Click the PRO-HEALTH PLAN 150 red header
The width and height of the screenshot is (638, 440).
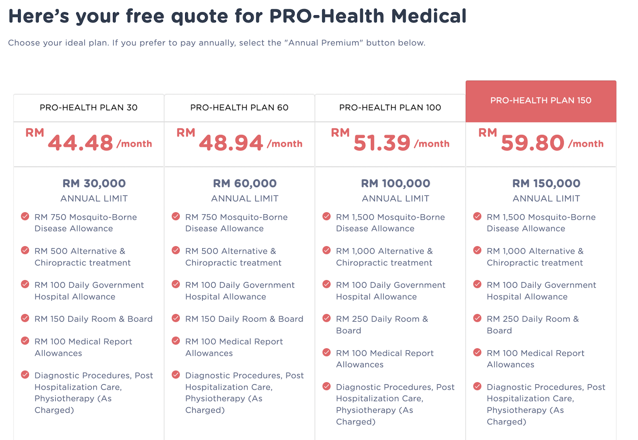coord(541,101)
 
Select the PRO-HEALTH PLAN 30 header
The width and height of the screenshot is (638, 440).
coord(89,108)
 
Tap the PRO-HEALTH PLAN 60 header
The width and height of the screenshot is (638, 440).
coord(239,108)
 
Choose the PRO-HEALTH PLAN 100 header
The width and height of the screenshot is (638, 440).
coord(390,108)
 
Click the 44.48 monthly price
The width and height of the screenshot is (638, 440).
coord(81,143)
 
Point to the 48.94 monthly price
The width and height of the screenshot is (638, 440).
coord(231,143)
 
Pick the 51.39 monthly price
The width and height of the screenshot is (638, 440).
coord(382,143)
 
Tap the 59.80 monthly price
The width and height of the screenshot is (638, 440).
coord(533,143)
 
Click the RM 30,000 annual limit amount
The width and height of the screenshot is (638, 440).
coord(94,183)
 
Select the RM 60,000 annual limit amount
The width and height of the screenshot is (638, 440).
coord(245,183)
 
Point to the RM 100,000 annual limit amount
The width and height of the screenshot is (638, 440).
coord(396,183)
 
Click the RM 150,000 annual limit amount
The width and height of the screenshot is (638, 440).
coord(546,183)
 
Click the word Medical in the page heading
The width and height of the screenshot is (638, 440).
coord(429,16)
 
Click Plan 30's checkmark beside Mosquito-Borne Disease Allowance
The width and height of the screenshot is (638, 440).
coord(25,217)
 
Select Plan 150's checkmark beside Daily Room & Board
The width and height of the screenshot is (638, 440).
coord(477,318)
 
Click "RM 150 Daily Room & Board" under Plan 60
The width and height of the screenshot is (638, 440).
coord(244,319)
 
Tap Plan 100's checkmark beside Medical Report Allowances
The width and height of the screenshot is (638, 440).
coord(327,353)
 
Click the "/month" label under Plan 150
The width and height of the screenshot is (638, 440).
coord(586,144)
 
